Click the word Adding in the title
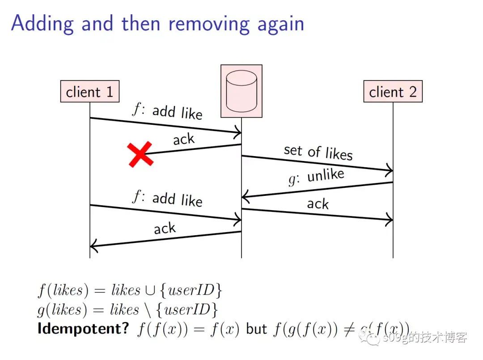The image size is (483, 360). click(42, 23)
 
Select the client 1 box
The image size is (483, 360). click(89, 92)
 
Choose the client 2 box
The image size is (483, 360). click(393, 92)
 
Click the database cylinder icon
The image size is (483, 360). click(241, 91)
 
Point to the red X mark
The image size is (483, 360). click(140, 154)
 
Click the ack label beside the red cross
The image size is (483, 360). click(184, 140)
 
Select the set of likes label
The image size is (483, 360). click(318, 152)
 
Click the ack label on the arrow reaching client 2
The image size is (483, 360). click(318, 204)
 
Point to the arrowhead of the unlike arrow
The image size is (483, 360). click(244, 197)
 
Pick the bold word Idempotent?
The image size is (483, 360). click(83, 329)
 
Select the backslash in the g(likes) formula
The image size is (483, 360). click(147, 310)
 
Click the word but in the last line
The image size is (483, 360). click(256, 329)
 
